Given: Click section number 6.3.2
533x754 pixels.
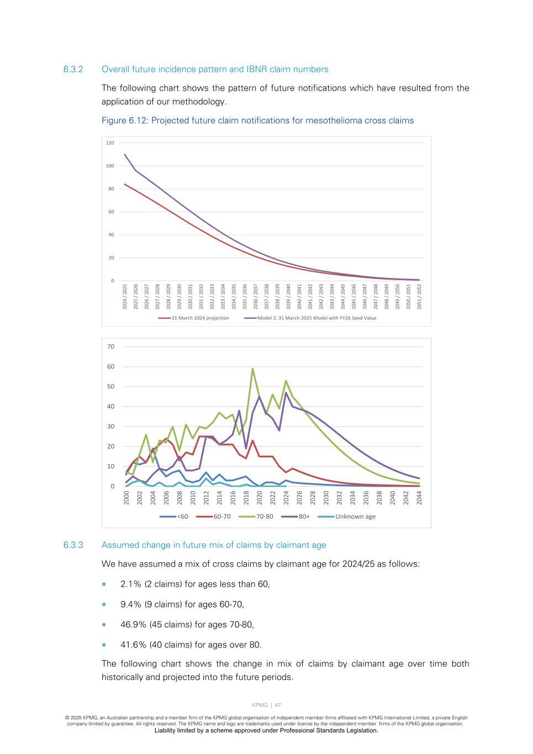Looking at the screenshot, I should pos(73,70).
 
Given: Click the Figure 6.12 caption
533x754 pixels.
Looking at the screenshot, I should pos(257,120).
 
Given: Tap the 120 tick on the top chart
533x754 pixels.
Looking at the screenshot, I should pos(110,143).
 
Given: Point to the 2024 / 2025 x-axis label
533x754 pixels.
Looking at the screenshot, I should pos(125,296).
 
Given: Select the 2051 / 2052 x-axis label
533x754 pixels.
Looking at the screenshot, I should pos(420,296).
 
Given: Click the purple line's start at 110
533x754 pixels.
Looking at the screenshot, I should pos(125,155).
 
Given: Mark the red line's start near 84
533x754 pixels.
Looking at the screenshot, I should pos(125,184).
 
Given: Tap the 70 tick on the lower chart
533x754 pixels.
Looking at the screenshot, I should pos(110,347).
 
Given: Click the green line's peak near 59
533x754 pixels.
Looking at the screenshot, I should pos(252,368).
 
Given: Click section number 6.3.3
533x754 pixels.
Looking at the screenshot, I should pos(73,545).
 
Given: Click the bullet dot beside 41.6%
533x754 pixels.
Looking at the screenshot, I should pos(104,645).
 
